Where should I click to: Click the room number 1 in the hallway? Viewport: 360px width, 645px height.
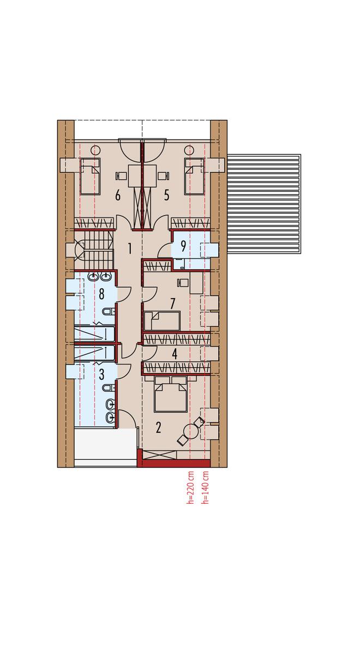(x=130, y=249)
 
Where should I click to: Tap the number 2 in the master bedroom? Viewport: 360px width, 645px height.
(x=159, y=428)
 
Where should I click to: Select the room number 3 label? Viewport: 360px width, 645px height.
(x=101, y=375)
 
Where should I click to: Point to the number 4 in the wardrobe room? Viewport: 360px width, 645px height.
(x=175, y=354)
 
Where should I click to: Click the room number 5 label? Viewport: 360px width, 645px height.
(x=166, y=195)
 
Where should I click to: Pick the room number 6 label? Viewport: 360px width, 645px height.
(x=118, y=195)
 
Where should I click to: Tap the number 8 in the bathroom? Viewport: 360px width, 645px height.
(x=101, y=294)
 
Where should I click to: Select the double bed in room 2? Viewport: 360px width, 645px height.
(x=171, y=394)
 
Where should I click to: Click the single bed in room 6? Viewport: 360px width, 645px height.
(x=90, y=177)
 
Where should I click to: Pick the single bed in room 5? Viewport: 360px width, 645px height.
(x=194, y=177)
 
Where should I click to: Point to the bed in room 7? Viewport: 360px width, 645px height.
(x=162, y=321)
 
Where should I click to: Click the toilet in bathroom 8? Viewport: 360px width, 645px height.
(x=108, y=312)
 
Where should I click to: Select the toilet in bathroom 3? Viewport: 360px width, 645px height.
(x=108, y=388)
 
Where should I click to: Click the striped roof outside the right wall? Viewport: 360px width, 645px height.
(x=263, y=204)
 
